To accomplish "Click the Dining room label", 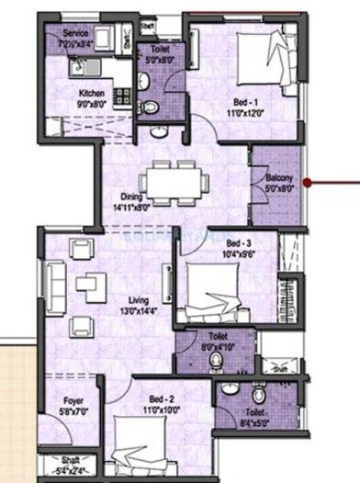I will [x=135, y=195].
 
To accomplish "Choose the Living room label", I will [x=141, y=298].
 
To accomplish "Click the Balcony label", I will [x=280, y=177].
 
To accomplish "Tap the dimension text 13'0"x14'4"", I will [x=141, y=309].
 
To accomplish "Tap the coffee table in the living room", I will [x=92, y=286].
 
